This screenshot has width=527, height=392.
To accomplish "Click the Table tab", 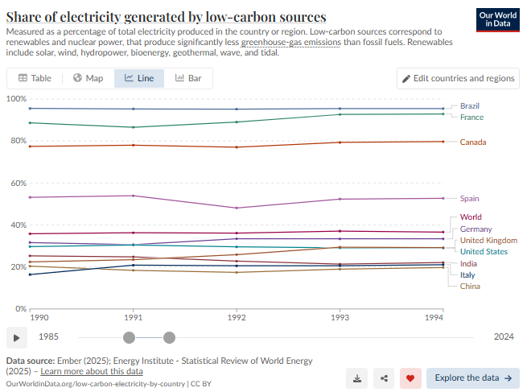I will [x=35, y=78].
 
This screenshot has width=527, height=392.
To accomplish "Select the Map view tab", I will [x=88, y=78].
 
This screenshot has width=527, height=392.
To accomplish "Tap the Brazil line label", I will [x=471, y=105].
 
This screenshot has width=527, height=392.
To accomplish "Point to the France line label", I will [x=471, y=118].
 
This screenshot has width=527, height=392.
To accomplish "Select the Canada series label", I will [x=473, y=142].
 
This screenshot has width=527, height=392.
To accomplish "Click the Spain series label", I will [x=470, y=198].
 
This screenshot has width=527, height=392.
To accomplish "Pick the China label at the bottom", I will [x=470, y=286].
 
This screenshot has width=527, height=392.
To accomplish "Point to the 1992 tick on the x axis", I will [x=236, y=318].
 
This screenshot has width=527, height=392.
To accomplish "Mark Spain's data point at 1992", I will [x=236, y=208].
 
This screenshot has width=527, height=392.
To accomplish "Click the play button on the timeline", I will [x=16, y=337].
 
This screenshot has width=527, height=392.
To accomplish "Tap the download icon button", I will [x=358, y=378].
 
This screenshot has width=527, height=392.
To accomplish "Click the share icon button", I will [x=385, y=378].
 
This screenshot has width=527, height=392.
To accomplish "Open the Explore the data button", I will [x=473, y=378].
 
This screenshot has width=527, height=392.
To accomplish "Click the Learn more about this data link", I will [x=91, y=371].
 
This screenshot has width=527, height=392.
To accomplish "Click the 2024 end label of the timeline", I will [x=504, y=337].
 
